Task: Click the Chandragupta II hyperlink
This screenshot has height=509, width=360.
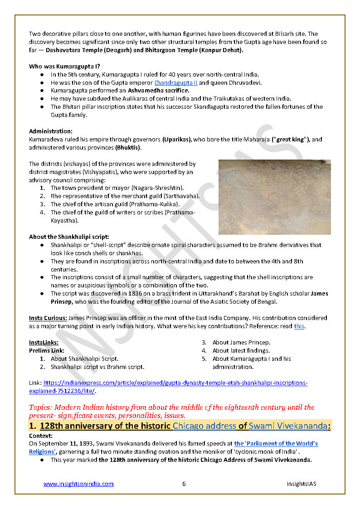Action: (x=175, y=82)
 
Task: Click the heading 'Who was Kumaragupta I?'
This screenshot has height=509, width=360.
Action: (x=64, y=66)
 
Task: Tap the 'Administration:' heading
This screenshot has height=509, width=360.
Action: (x=50, y=131)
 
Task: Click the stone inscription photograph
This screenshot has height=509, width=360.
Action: (x=274, y=197)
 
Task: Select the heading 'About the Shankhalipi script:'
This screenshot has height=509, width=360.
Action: (x=69, y=237)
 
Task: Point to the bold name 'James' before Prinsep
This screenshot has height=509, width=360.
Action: (x=319, y=294)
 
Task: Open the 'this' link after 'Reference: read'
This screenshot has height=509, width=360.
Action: (x=299, y=326)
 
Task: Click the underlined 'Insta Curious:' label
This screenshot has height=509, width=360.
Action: (x=48, y=318)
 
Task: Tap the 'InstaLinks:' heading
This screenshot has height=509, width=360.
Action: (x=44, y=343)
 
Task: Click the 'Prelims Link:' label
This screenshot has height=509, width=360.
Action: (x=46, y=350)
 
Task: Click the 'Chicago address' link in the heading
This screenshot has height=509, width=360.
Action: (x=204, y=426)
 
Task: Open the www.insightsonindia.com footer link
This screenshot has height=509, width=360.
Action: (x=78, y=484)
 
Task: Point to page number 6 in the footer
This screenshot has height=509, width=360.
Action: (x=184, y=484)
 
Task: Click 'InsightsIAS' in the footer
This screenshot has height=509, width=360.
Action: (x=302, y=484)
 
